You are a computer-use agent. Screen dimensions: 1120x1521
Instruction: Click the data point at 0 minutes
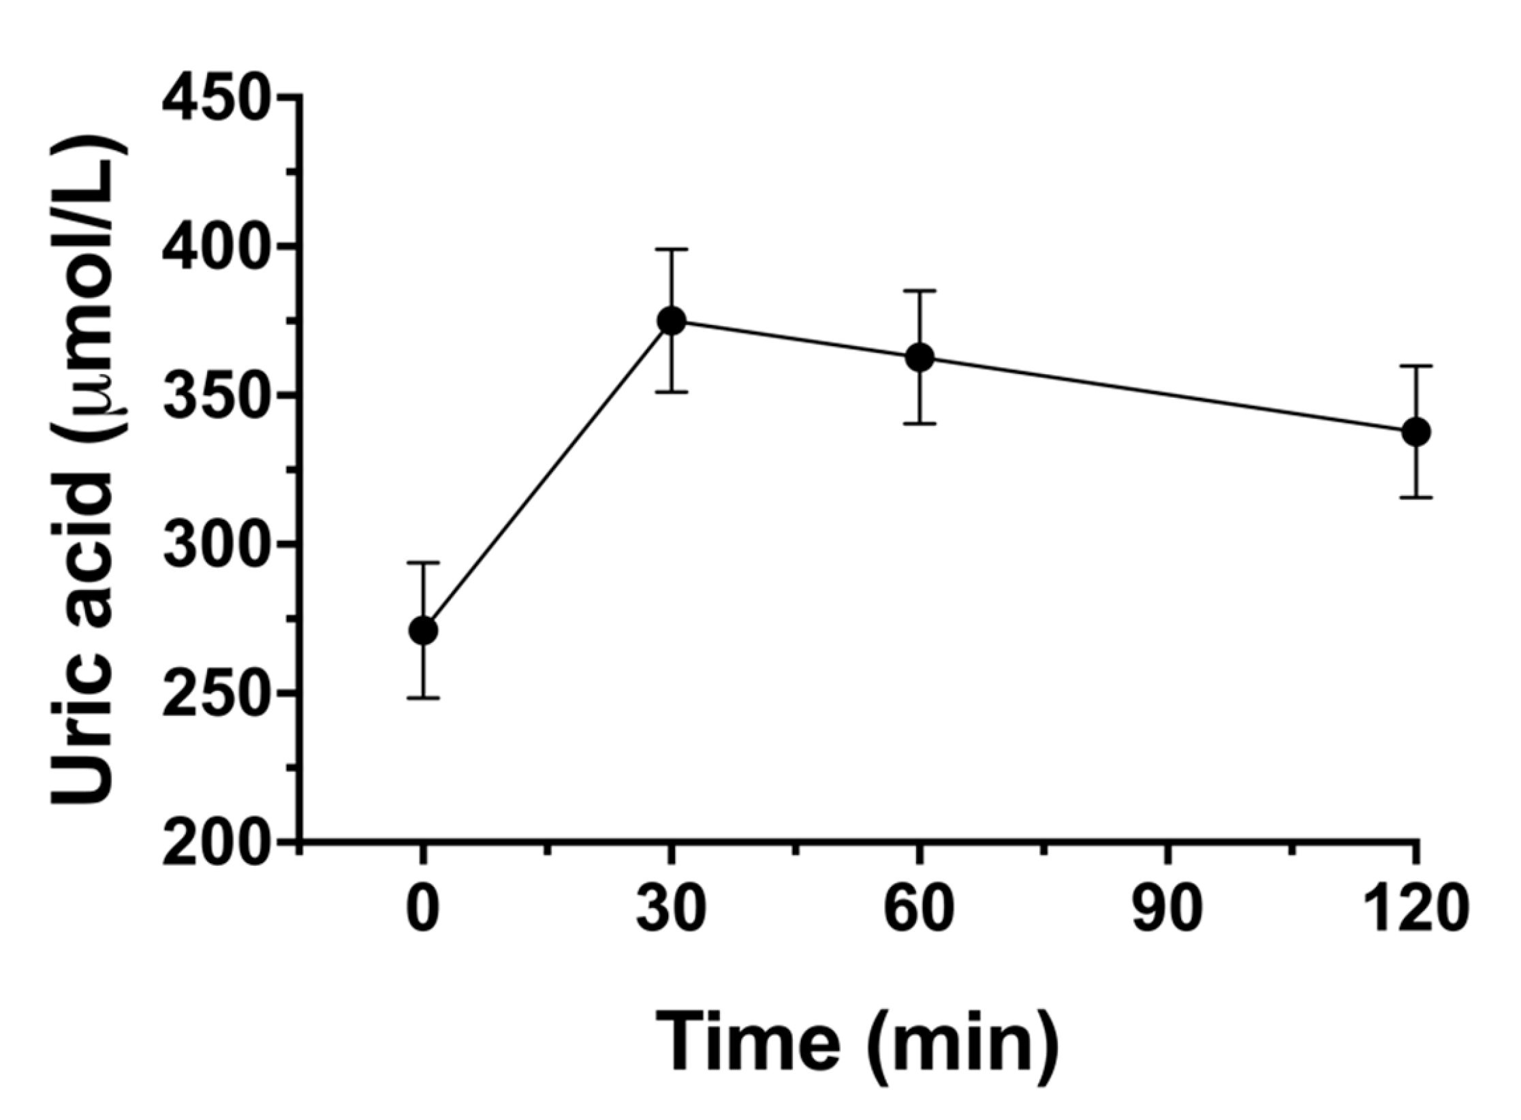pos(423,631)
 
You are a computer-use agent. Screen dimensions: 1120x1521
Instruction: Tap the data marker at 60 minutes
pos(920,357)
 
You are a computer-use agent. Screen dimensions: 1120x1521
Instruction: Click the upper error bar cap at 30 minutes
pos(672,249)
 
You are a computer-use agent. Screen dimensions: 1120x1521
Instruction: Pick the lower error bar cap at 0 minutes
pos(423,698)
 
